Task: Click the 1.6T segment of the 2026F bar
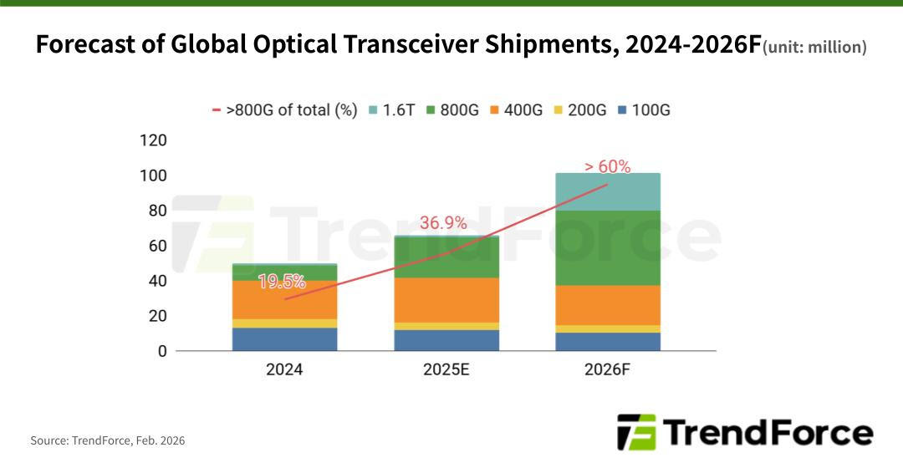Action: [x=608, y=191]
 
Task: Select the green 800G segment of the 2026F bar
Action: [x=608, y=247]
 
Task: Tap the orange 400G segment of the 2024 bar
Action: [x=285, y=299]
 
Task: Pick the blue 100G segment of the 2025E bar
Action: [x=446, y=340]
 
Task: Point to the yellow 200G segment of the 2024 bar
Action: [x=285, y=323]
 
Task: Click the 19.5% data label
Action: [x=282, y=282]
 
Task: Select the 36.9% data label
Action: [x=443, y=223]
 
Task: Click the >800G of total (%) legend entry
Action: [x=285, y=109]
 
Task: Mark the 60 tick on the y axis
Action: [x=156, y=246]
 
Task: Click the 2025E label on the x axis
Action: [x=446, y=369]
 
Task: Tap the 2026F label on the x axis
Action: [x=608, y=369]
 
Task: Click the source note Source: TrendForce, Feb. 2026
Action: [x=108, y=440]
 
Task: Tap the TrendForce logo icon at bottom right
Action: [x=636, y=432]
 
